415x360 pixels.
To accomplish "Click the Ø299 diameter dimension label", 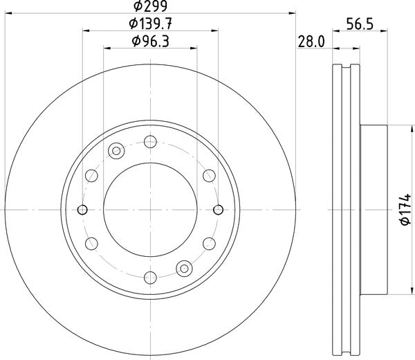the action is coord(150,6).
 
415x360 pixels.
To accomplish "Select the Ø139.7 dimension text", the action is coord(150,24).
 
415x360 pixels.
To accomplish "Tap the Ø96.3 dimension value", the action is coord(150,42).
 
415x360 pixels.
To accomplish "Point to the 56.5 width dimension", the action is coord(360,24).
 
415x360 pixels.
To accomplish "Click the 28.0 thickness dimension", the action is coord(311,42).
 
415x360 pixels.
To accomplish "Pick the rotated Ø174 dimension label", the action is coord(406,210).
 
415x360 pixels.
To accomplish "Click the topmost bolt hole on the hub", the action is coord(150,142).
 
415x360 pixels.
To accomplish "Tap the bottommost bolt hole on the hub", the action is coord(150,278).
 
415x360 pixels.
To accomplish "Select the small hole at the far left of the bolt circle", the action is coord(82,210).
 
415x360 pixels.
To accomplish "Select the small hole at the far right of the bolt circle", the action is coord(219,210).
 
